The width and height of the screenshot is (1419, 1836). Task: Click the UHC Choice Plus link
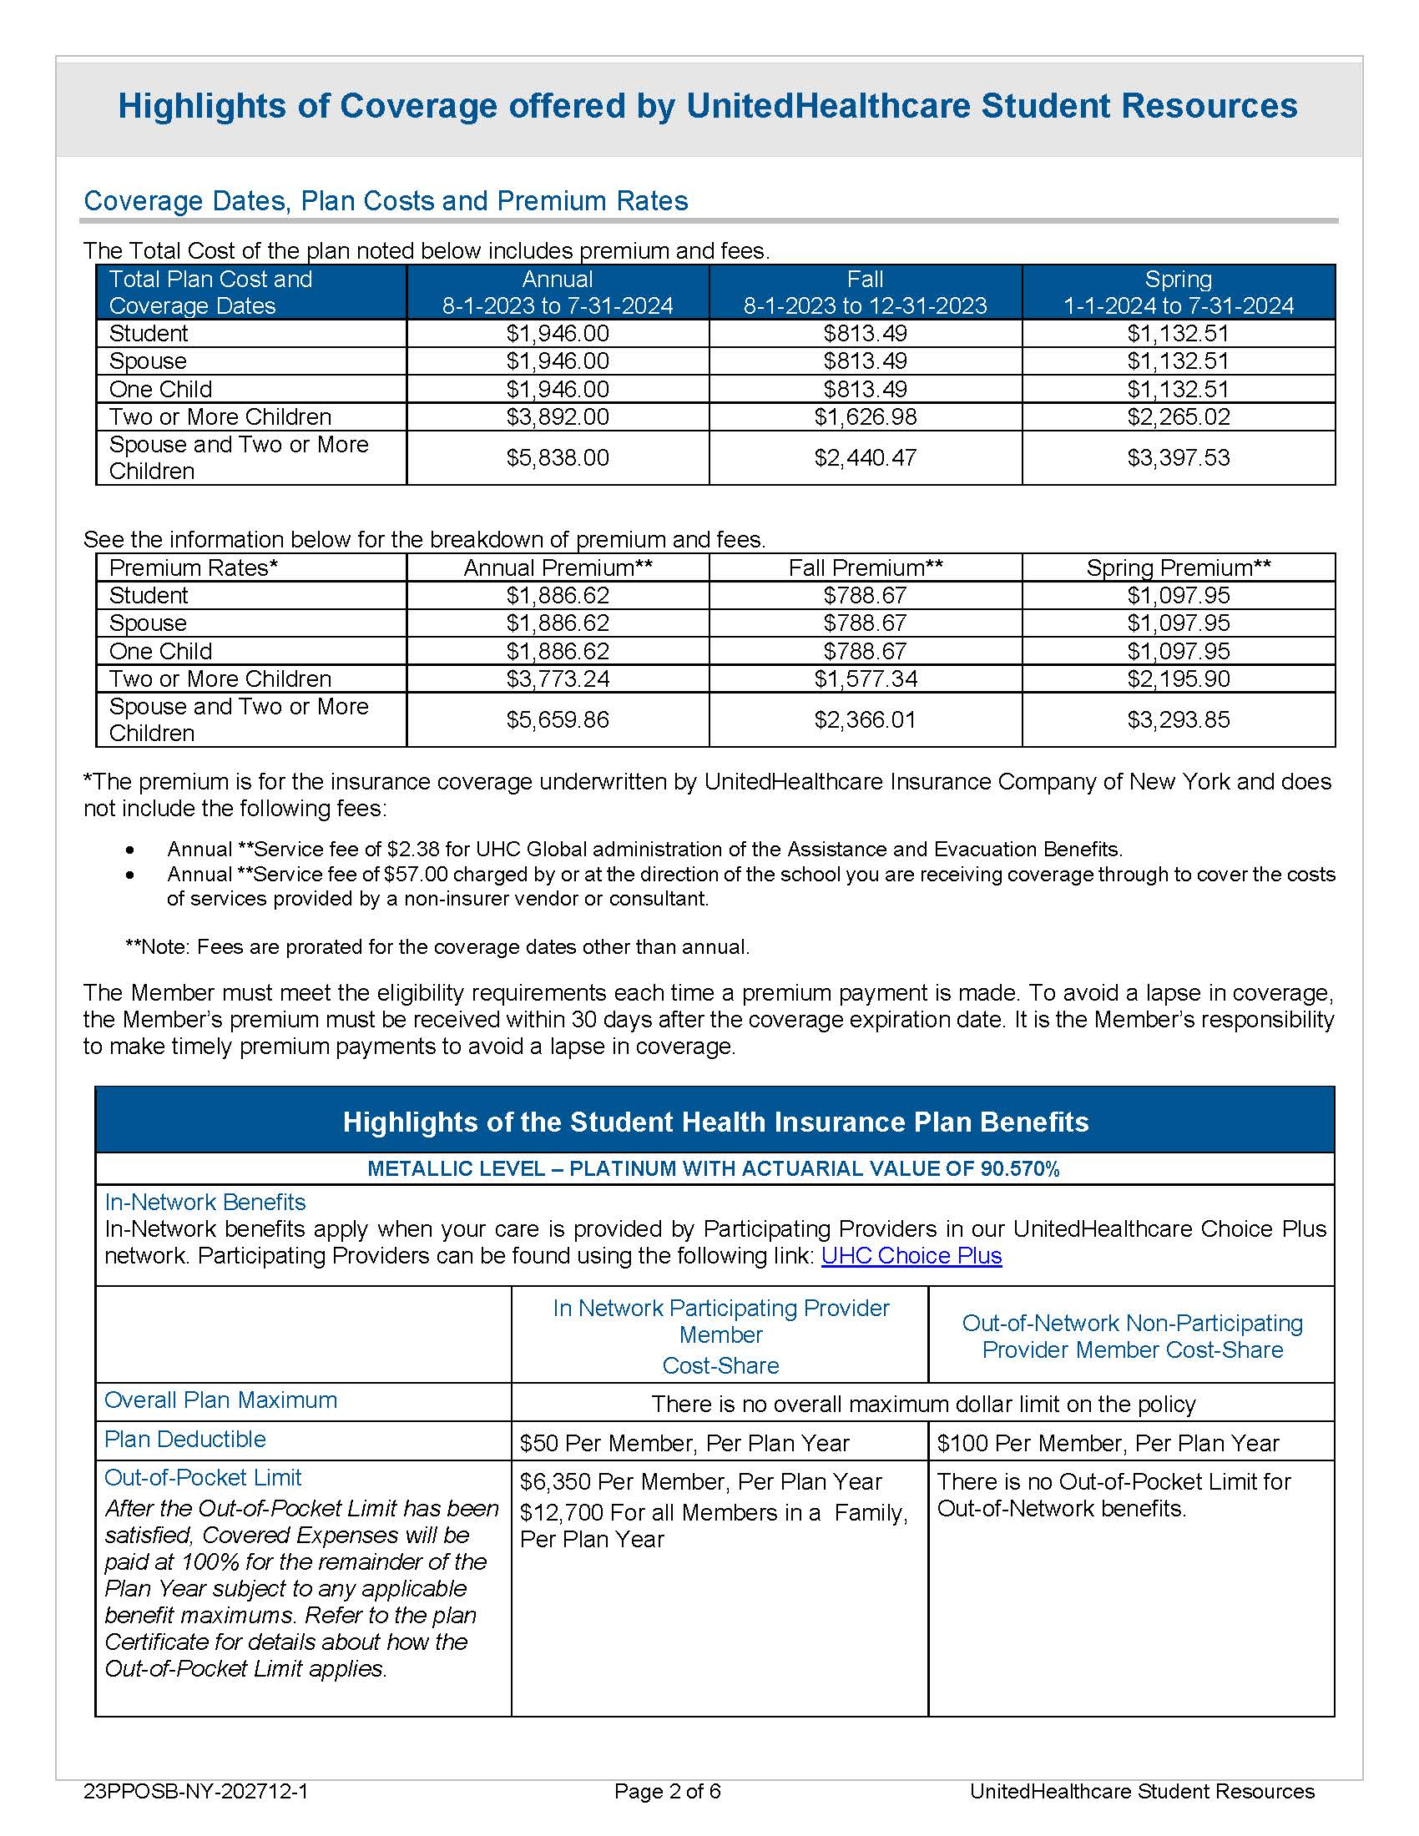tap(911, 1256)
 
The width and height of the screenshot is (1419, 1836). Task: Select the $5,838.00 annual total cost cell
tap(558, 458)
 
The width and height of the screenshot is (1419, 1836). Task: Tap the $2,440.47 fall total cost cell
tap(865, 458)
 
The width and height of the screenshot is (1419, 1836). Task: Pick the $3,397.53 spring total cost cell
tap(1178, 458)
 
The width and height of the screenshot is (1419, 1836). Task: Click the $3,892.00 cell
tap(558, 417)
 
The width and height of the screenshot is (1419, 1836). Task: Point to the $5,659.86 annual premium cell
tap(558, 719)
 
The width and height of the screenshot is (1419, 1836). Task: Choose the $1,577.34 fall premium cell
tap(865, 678)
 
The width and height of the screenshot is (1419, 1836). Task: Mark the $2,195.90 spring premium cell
tap(1178, 678)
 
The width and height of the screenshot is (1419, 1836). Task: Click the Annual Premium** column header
tap(558, 567)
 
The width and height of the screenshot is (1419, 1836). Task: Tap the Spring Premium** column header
tap(1178, 567)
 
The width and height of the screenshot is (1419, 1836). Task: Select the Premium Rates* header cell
tap(194, 567)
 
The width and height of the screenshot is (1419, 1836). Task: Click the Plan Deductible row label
tap(185, 1440)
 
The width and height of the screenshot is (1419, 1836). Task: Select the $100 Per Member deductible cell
tap(1107, 1444)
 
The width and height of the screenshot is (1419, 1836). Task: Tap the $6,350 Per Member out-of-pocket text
tap(700, 1481)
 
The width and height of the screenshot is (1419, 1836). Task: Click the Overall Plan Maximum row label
tap(220, 1400)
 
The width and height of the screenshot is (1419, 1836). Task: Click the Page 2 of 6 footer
tap(668, 1792)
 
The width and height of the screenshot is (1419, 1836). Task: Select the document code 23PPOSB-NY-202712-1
tap(196, 1792)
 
